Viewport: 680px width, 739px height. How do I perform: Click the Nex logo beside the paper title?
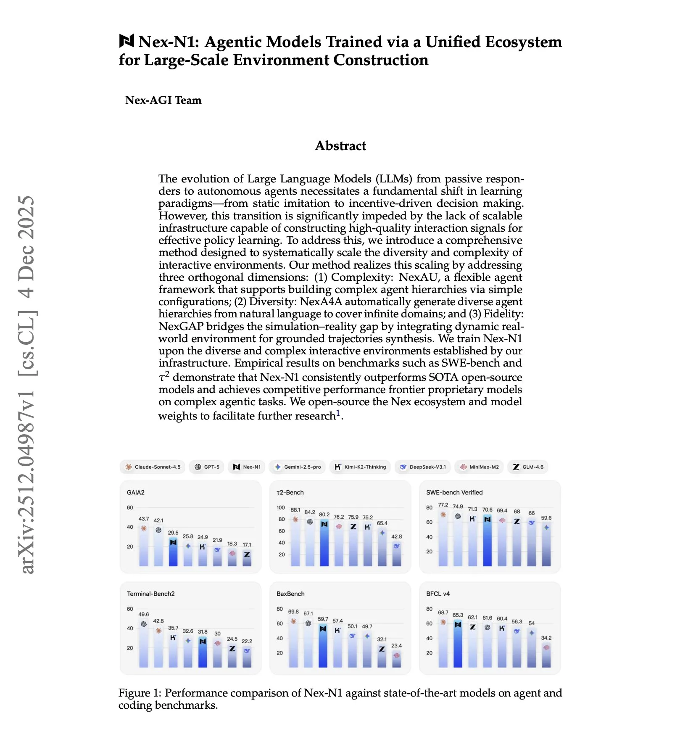click(127, 41)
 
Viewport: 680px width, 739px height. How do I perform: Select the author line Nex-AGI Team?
click(163, 100)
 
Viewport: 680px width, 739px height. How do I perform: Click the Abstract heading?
click(340, 146)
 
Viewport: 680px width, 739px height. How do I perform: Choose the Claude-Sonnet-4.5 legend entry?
click(153, 467)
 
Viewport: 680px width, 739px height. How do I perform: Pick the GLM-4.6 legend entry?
click(528, 467)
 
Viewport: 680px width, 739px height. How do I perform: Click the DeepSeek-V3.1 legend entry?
click(423, 467)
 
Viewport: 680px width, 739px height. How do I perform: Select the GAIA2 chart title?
click(135, 492)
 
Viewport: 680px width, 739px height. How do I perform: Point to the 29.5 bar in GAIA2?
click(173, 553)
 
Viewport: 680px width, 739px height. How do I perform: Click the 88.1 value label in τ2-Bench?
click(295, 510)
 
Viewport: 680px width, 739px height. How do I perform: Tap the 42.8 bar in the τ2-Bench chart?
click(396, 554)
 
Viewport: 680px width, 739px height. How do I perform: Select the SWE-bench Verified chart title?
click(454, 492)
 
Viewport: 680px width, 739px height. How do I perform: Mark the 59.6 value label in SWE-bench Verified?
click(546, 518)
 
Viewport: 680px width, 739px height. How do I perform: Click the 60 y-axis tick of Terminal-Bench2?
click(130, 609)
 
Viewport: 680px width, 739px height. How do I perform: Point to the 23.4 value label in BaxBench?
click(396, 646)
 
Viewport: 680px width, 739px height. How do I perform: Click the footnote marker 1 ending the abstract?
click(338, 413)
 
